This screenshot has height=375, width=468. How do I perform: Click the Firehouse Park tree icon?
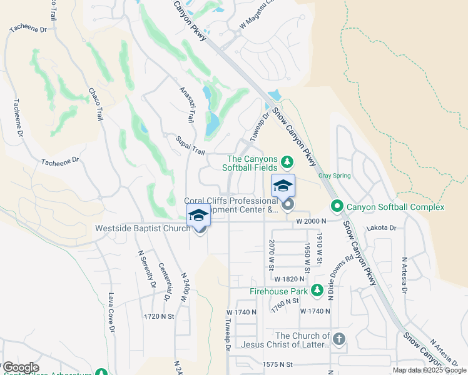[317, 290]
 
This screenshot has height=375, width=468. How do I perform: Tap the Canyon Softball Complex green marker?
[337, 206]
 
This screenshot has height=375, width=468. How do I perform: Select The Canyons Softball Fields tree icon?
[287, 162]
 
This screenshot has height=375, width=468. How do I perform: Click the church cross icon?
[338, 339]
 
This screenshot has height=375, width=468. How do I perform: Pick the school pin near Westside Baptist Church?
[198, 215]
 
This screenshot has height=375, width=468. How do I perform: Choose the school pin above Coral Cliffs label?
[283, 186]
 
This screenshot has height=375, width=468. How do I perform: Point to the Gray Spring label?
[333, 176]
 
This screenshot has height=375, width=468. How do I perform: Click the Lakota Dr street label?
[382, 228]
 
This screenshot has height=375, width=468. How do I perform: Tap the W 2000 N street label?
[312, 221]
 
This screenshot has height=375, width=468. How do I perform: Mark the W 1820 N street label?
[289, 279]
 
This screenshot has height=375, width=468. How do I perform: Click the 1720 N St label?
[158, 317]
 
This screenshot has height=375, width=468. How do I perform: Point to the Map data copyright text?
[430, 370]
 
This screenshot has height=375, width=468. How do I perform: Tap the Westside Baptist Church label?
[143, 229]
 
